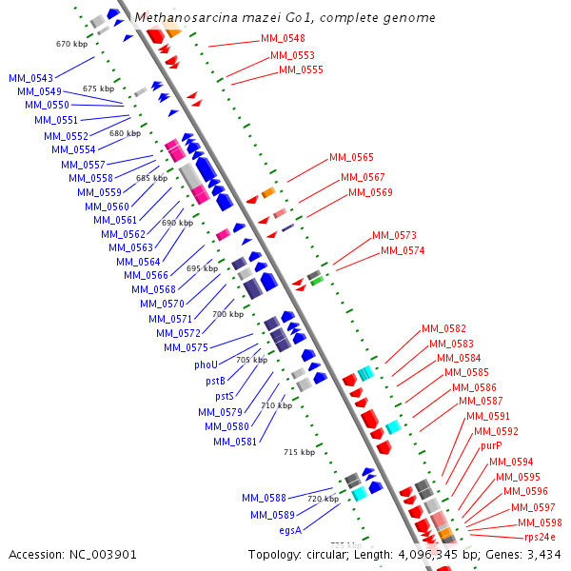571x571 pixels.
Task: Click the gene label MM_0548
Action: coord(283,38)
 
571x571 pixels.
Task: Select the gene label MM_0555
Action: coord(301,69)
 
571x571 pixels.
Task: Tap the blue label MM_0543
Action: coord(31,77)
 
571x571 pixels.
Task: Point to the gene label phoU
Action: coord(206,364)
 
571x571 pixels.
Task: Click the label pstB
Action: coord(215,381)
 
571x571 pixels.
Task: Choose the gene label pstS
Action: coord(224,396)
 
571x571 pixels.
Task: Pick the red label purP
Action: coord(491,445)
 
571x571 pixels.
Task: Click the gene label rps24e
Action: coord(540,538)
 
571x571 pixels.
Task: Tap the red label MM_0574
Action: coord(403,250)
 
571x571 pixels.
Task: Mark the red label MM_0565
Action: coord(351,157)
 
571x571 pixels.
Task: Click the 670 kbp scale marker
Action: coord(70,44)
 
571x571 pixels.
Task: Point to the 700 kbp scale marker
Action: coord(227,314)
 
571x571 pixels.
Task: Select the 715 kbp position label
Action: coord(299,453)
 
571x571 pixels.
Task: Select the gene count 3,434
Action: coord(541,554)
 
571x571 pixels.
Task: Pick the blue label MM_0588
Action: coord(264,498)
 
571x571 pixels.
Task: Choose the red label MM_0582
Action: coord(443,328)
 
